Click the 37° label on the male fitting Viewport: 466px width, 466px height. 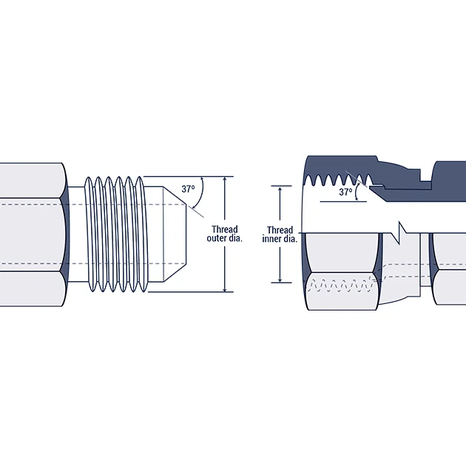coord(188,189)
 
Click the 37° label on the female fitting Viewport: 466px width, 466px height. coord(345,192)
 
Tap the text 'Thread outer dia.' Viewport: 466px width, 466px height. coord(225,234)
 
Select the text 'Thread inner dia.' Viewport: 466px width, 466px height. coord(280,234)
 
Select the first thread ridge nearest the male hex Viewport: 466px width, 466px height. coord(90,234)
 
